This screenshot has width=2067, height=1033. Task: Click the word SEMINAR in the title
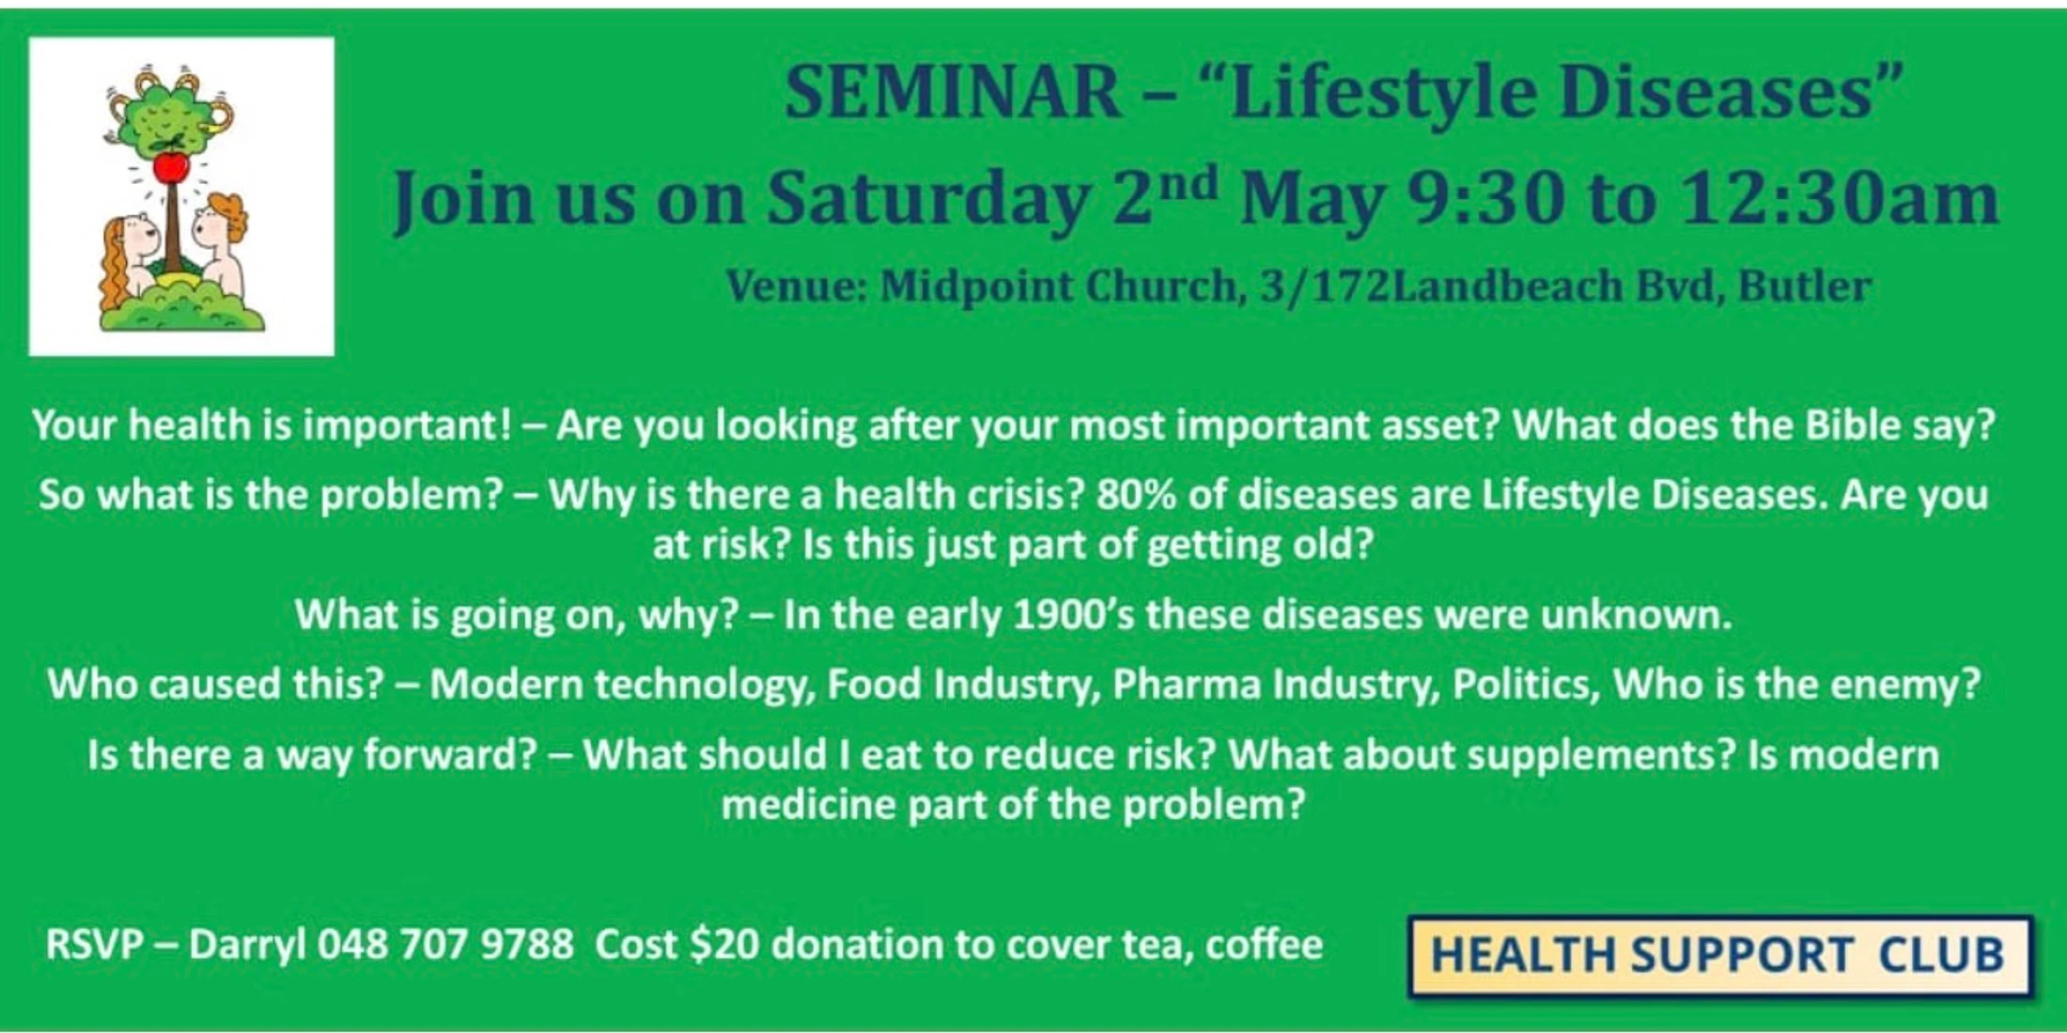click(x=953, y=92)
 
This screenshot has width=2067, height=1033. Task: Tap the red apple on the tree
click(x=171, y=168)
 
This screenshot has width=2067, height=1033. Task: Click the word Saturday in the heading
click(x=928, y=199)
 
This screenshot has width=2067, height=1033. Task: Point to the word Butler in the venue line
click(x=1804, y=285)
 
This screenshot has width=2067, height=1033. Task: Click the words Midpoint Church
click(x=1059, y=286)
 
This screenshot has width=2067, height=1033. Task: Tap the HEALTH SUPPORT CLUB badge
click(x=1719, y=955)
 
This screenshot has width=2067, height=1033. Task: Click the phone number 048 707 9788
click(x=445, y=944)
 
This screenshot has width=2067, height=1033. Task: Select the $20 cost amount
click(x=723, y=945)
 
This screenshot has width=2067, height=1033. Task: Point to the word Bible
click(x=1851, y=425)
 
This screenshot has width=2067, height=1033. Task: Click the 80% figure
click(x=1136, y=495)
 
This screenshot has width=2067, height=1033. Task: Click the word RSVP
click(x=94, y=945)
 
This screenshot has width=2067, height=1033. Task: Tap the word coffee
click(x=1264, y=944)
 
